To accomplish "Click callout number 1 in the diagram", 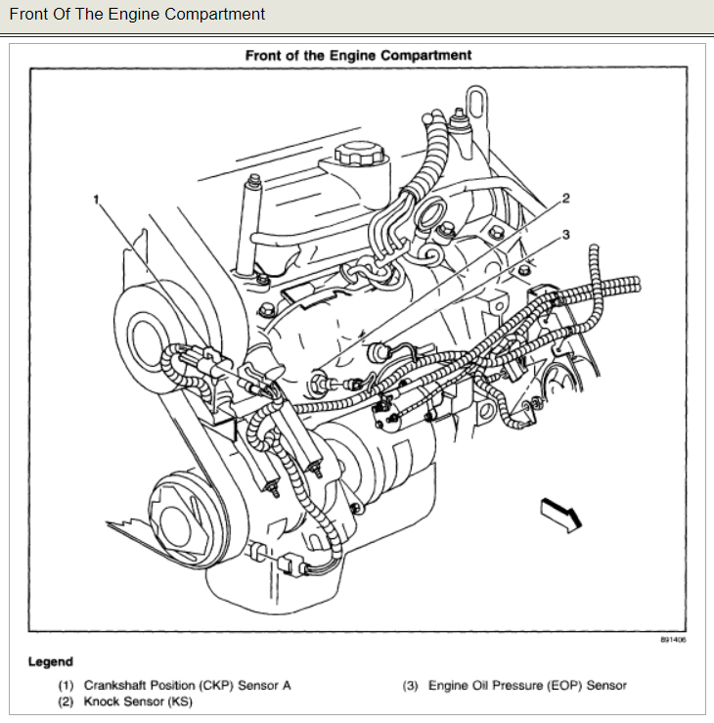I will pyautogui.click(x=98, y=199).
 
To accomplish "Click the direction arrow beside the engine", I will pyautogui.click(x=561, y=513).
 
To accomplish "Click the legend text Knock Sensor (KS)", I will pyautogui.click(x=137, y=701).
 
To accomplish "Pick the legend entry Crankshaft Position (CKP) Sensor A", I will pyautogui.click(x=187, y=686).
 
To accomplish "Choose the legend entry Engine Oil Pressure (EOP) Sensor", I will pyautogui.click(x=527, y=686).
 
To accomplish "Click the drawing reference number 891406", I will pyautogui.click(x=672, y=640).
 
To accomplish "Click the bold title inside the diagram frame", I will pyautogui.click(x=358, y=56).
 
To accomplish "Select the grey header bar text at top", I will pyautogui.click(x=137, y=15).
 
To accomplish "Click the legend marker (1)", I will pyautogui.click(x=66, y=686).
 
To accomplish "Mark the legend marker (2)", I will pyautogui.click(x=66, y=701).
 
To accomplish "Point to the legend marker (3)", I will pyautogui.click(x=410, y=686).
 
